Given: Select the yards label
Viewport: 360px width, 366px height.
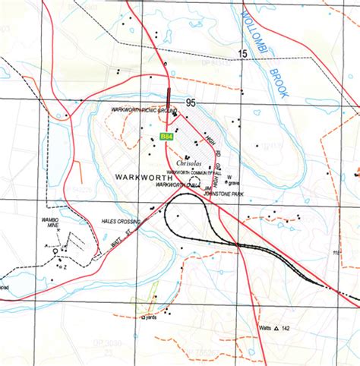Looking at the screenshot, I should pos(150,317).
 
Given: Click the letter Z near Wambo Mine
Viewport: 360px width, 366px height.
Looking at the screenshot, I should pos(65,266).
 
